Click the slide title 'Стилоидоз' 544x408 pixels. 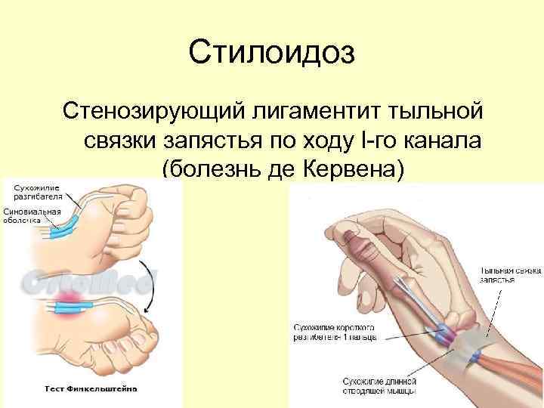[272, 54]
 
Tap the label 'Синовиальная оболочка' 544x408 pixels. [32, 216]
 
